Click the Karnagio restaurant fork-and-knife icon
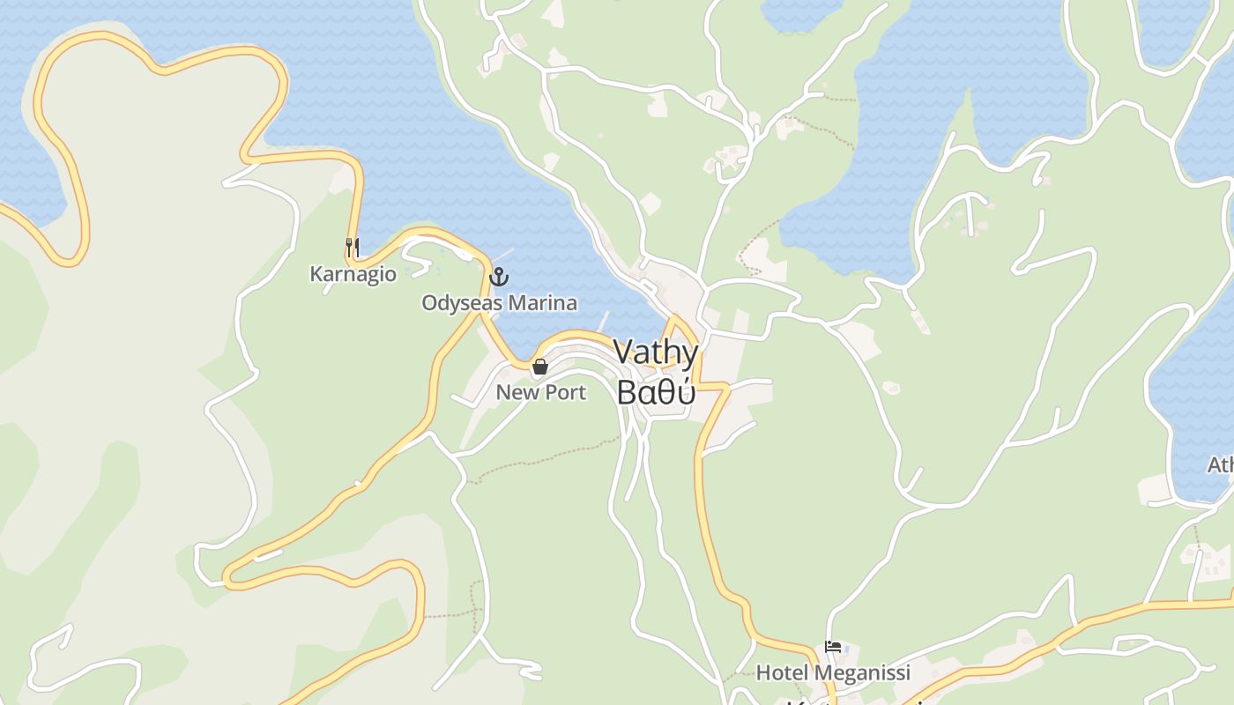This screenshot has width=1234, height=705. tap(352, 247)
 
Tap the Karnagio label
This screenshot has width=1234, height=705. tap(353, 274)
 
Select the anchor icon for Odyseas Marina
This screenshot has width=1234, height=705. tap(499, 277)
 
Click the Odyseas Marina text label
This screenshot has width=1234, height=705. tap(499, 303)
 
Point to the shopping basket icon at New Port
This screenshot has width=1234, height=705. tap(540, 366)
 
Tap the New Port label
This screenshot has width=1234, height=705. tap(540, 392)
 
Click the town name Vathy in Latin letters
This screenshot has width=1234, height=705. tap(656, 352)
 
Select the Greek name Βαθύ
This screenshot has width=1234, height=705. tap(656, 392)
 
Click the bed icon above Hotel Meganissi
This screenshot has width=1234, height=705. tap(832, 647)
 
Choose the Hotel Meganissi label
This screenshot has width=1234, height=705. tap(833, 673)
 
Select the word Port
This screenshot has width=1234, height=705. tap(566, 392)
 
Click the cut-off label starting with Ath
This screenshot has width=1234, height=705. tap(1221, 464)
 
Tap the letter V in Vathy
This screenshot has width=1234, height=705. tap(623, 352)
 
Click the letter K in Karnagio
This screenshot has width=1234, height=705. tap(316, 274)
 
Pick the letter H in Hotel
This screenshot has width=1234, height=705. tap(762, 673)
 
